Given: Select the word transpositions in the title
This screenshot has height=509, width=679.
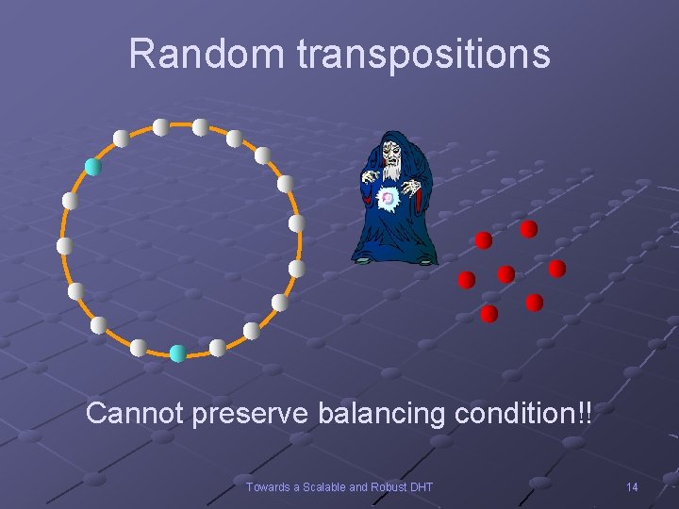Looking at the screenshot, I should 422,56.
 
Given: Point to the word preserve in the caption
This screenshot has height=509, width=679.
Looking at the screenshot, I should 253,415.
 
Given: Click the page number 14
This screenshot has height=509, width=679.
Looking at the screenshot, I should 632,486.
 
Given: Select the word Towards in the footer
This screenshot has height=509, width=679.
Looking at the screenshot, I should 268,486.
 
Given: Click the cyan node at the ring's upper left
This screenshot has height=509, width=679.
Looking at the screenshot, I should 92,167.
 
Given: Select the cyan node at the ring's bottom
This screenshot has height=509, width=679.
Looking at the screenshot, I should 177,353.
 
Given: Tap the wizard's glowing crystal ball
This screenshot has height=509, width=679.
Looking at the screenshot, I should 387,199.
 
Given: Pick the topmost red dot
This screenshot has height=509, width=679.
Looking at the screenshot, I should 529,229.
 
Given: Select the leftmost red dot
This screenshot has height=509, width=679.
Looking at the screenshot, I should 466,280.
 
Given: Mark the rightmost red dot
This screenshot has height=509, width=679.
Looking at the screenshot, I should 556,269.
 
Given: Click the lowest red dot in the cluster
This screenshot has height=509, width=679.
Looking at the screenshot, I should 489,314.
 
